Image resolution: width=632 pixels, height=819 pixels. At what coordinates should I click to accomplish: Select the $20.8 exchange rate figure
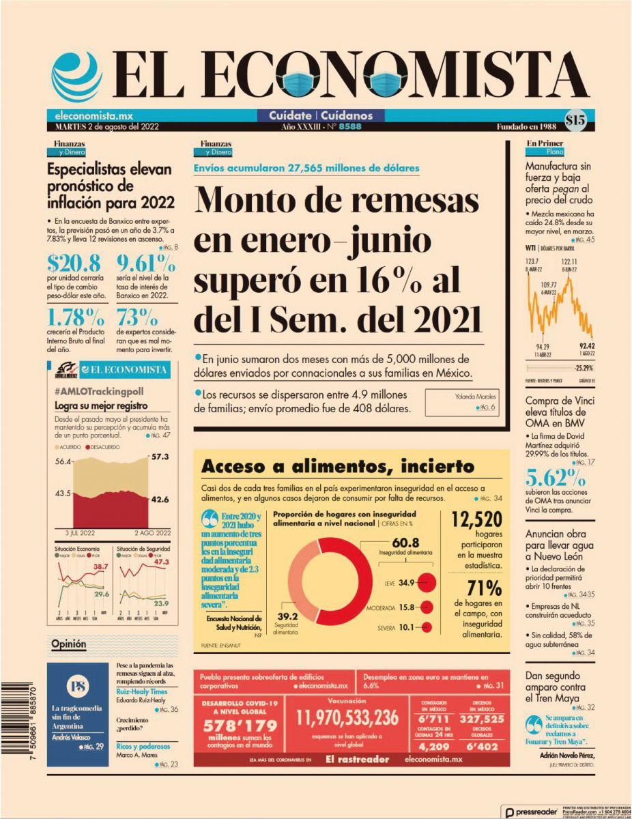pos(74,263)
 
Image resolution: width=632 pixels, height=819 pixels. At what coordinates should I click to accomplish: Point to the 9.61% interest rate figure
pos(145,263)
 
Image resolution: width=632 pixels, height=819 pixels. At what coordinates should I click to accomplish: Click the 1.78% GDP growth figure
pos(76,317)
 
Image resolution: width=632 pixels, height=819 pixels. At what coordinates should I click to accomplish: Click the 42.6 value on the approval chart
pos(160,500)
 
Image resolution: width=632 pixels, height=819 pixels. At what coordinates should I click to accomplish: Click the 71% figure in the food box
pos(485,588)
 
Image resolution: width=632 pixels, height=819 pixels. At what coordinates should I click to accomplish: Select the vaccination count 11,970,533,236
pos(347,718)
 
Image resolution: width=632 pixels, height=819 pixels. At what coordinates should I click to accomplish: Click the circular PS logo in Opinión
pos(78,686)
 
